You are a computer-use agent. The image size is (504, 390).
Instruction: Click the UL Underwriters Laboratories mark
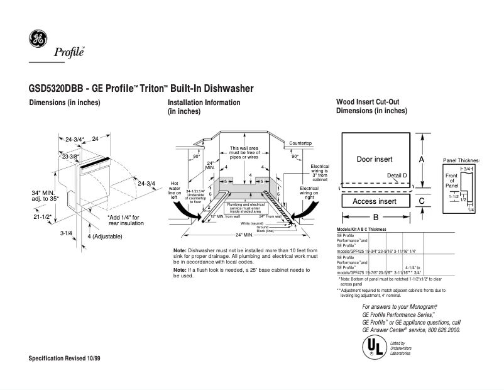[373, 347]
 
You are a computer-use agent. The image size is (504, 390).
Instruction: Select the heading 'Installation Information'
[204, 103]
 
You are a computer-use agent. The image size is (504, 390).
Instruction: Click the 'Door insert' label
[375, 159]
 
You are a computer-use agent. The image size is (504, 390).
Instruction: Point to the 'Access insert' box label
[374, 201]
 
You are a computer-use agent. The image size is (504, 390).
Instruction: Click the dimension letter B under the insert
[375, 217]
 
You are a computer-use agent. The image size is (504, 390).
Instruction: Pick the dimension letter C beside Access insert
[422, 201]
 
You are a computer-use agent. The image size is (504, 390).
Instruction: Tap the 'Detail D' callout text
[397, 175]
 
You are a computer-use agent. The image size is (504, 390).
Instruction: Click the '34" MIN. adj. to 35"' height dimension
[44, 195]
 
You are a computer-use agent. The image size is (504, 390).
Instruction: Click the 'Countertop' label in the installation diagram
[300, 144]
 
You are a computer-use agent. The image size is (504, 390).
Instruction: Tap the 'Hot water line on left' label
[175, 191]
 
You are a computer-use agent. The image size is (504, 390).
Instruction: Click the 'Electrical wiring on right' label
[309, 192]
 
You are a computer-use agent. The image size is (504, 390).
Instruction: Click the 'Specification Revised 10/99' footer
[65, 358]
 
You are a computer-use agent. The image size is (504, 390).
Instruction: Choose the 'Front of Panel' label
[451, 179]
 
